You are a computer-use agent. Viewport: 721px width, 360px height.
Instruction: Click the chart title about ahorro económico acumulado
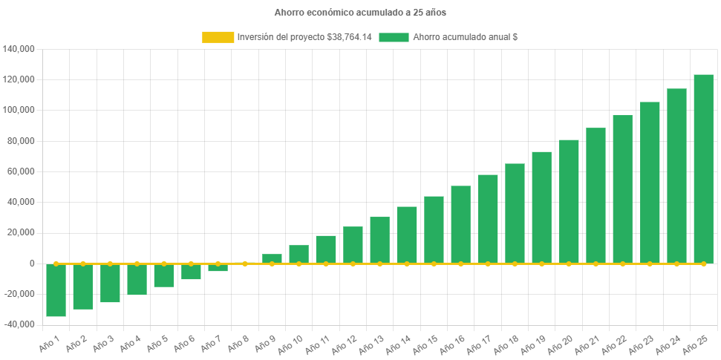[360, 13]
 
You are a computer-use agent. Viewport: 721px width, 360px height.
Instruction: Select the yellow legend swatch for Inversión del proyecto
[217, 37]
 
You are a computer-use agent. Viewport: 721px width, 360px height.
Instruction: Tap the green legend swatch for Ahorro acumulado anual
[394, 37]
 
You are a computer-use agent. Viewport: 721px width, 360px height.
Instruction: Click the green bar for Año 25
[703, 168]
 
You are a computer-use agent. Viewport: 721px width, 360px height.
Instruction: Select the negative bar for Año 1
[56, 290]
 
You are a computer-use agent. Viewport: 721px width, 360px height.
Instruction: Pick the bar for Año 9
[272, 258]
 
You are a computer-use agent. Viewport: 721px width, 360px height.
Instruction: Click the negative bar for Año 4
[137, 279]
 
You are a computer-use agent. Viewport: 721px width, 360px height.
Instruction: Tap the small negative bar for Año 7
[218, 268]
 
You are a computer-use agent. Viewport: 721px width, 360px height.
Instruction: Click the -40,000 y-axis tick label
[19, 324]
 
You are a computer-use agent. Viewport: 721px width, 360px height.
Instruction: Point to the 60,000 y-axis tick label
[22, 171]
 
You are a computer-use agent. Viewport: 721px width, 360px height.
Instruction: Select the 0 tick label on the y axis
[32, 264]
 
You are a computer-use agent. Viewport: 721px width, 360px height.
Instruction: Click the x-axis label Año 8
[238, 345]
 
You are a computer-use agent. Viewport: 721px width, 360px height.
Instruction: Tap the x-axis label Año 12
[345, 345]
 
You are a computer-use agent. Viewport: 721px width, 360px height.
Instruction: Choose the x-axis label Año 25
[696, 345]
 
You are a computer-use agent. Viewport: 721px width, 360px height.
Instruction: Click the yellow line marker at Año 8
[245, 264]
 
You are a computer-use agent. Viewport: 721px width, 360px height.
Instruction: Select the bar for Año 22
[622, 189]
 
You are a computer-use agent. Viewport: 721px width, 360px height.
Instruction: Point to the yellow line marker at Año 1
[56, 264]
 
